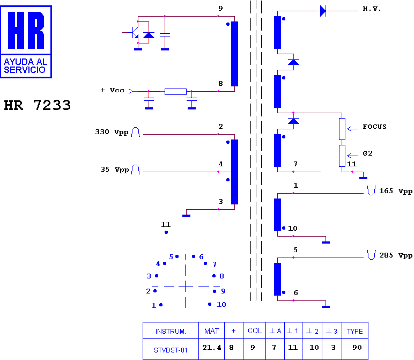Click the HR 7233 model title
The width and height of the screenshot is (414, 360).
[37, 105]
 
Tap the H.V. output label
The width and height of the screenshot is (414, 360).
[372, 9]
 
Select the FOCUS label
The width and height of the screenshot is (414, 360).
[374, 127]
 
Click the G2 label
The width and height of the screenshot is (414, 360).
[367, 153]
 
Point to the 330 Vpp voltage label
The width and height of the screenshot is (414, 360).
[112, 132]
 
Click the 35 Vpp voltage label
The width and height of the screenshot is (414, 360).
[115, 170]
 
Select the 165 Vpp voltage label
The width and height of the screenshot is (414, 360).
[396, 191]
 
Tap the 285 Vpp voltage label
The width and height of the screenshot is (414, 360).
[396, 255]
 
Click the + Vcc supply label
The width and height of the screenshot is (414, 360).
[112, 90]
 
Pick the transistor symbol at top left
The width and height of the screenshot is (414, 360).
[135, 32]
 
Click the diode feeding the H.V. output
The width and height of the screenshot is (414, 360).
[323, 11]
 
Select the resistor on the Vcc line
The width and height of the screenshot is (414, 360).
[175, 92]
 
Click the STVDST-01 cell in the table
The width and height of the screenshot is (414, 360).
[171, 350]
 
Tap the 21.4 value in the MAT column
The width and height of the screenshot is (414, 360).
[212, 348]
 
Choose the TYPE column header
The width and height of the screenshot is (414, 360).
[355, 331]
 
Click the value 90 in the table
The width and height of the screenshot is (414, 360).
[357, 348]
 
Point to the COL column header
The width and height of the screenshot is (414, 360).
[255, 330]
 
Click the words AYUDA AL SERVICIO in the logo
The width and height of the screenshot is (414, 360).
[25, 66]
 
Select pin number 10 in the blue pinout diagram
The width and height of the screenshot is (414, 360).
[221, 305]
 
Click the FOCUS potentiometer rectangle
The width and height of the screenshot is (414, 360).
[342, 129]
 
